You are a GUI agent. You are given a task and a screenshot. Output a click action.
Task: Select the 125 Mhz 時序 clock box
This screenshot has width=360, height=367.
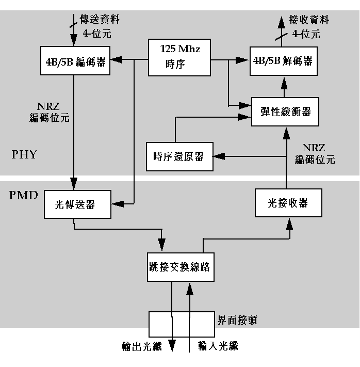coord(179,57)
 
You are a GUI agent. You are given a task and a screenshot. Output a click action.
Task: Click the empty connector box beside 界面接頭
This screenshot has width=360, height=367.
coord(180,324)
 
